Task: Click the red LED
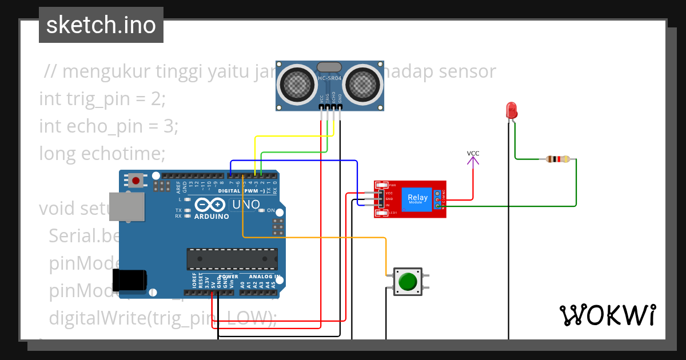[x=511, y=110]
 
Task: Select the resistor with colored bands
[x=558, y=159]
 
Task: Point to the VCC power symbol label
[x=473, y=153]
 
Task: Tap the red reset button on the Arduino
[x=136, y=181]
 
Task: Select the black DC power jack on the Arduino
[x=129, y=280]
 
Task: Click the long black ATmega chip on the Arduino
[x=232, y=259]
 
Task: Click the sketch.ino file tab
[x=101, y=25]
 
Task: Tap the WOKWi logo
[x=607, y=315]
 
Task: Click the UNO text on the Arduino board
[x=245, y=205]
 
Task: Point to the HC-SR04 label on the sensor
[x=329, y=78]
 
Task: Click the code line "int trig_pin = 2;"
[x=102, y=99]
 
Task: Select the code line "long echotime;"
[x=102, y=154]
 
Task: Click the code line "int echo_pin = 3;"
[x=109, y=126]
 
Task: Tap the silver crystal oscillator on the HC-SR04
[x=329, y=67]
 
